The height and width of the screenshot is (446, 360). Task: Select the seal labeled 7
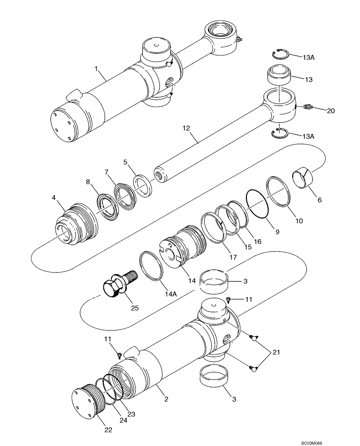click(126, 195)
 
